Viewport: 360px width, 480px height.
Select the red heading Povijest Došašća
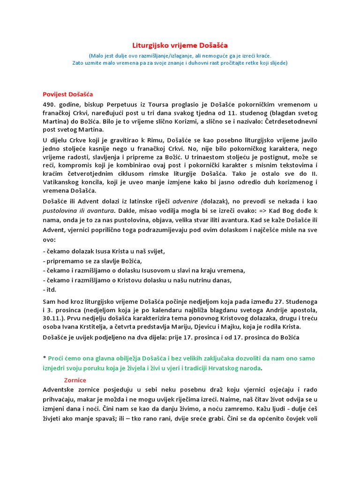click(67, 94)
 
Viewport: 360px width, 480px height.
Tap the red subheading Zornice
click(75, 380)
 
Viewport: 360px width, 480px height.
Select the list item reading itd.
click(50, 289)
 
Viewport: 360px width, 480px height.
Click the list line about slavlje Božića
click(92, 261)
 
